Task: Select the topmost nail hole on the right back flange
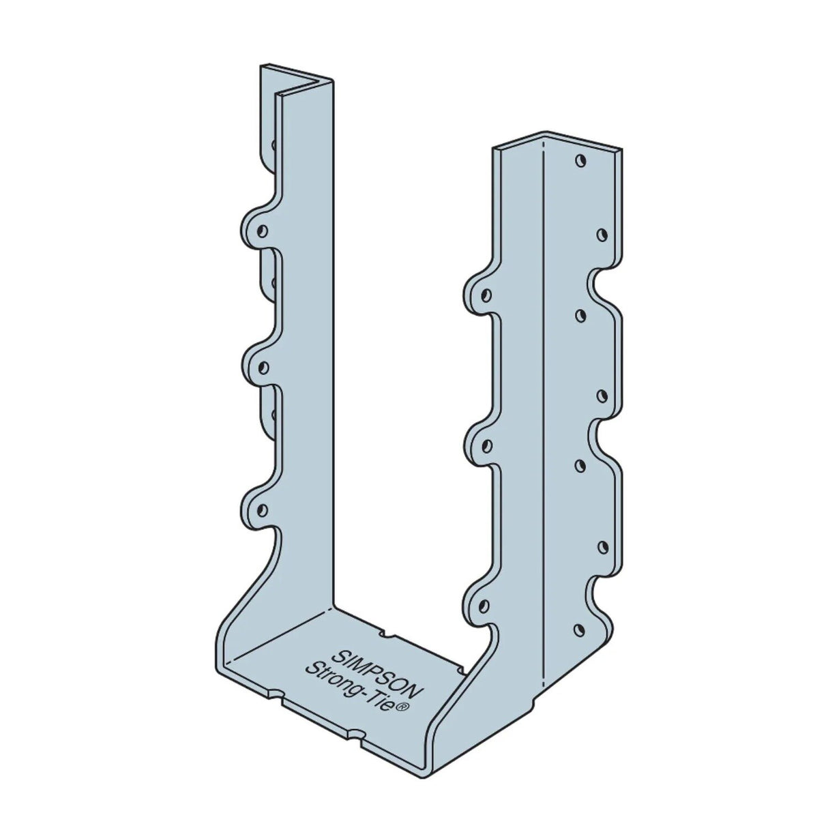click(x=580, y=162)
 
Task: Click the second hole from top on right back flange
click(x=602, y=235)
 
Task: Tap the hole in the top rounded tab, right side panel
click(x=486, y=295)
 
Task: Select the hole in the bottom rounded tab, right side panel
click(x=485, y=602)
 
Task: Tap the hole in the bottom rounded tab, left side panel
click(x=263, y=508)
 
